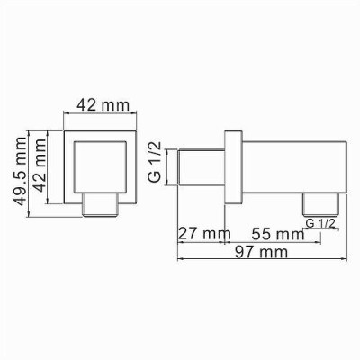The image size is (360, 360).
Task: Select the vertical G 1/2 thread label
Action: (x=155, y=162)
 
